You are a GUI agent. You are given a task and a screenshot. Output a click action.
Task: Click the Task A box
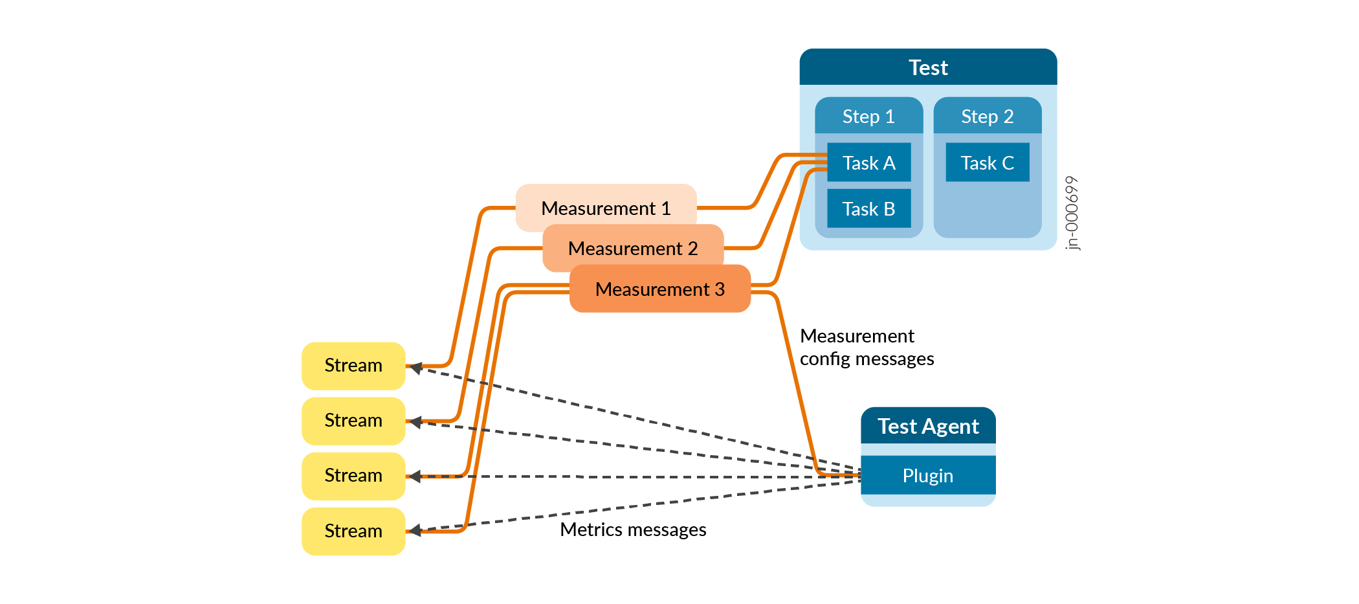pos(868,162)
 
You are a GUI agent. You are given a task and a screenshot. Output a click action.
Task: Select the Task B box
pos(868,208)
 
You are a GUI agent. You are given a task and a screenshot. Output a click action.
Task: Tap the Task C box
pos(987,162)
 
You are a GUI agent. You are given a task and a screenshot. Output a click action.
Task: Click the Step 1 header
pos(868,116)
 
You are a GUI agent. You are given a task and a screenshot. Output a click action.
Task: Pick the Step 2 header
pos(987,116)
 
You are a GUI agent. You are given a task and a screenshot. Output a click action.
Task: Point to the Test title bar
pos(928,67)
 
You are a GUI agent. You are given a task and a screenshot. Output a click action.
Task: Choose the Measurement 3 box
pos(659,289)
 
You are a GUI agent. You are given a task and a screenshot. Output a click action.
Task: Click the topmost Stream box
pos(353,365)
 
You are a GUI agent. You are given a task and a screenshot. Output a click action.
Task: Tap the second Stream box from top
pos(353,420)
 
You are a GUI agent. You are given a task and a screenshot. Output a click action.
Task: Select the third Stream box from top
pos(353,476)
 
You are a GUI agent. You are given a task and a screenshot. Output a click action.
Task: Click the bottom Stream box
pos(353,531)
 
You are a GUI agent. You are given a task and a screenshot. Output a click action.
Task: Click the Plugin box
pos(927,475)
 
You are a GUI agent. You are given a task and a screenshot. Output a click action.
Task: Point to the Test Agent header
pos(927,426)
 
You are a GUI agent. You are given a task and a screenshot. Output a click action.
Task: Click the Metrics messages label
pos(632,530)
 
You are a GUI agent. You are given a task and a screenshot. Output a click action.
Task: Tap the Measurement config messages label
pos(866,347)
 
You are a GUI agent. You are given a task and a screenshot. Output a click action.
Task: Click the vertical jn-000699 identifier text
pos(1072,213)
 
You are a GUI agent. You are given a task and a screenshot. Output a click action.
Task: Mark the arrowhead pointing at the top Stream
pos(416,368)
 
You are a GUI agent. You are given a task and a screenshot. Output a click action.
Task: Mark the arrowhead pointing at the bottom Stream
pos(416,530)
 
